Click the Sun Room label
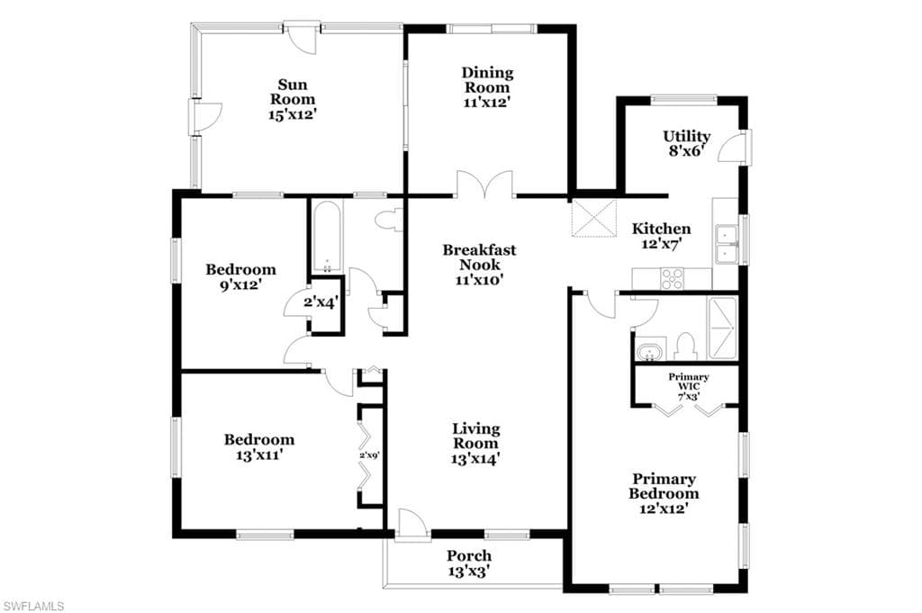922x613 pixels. click(x=293, y=93)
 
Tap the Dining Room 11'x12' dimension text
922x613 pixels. click(x=486, y=103)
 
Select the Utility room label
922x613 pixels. click(x=687, y=136)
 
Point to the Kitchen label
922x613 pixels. click(x=661, y=229)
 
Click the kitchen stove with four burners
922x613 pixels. click(x=672, y=278)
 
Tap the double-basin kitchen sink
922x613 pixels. click(x=727, y=243)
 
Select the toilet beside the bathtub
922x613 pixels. click(x=388, y=221)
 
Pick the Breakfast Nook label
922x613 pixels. click(x=479, y=257)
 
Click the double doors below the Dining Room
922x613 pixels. click(x=485, y=184)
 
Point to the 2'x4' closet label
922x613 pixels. click(x=321, y=302)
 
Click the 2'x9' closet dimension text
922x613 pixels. click(x=370, y=455)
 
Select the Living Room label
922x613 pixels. click(x=475, y=436)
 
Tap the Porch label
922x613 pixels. click(x=468, y=555)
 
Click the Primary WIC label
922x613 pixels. click(x=689, y=382)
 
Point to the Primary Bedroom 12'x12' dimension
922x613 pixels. click(x=664, y=509)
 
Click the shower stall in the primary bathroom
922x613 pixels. click(x=722, y=328)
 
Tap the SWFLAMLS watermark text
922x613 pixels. click(x=33, y=606)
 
